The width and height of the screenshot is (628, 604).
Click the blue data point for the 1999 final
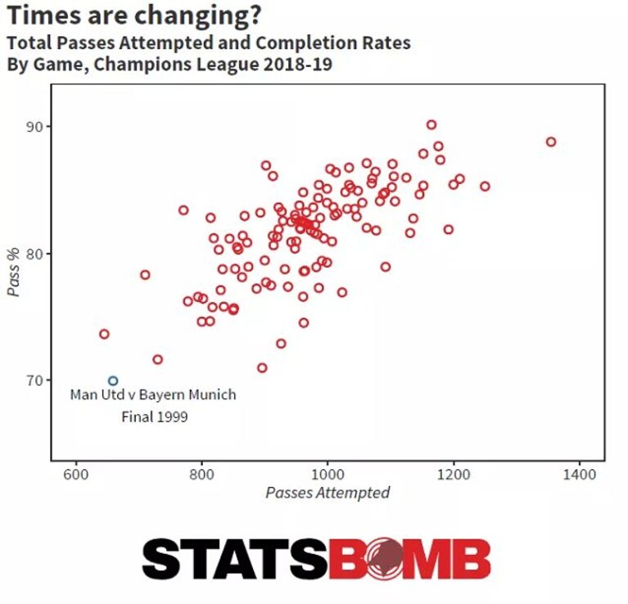(113, 377)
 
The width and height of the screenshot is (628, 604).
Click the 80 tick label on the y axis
(34, 254)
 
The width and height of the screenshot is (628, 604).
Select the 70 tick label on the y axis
(34, 381)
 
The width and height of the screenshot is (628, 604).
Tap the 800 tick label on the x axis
(201, 475)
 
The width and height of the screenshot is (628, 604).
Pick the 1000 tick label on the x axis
(328, 475)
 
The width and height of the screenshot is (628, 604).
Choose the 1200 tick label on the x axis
(454, 475)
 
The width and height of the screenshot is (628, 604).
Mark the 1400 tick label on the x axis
(579, 475)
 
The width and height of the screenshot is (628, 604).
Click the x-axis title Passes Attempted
(328, 493)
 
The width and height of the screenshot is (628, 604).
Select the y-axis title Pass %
(14, 272)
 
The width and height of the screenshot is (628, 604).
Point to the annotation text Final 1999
(155, 417)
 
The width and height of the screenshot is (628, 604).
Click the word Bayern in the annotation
(161, 395)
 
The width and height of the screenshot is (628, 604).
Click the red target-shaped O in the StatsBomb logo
(384, 559)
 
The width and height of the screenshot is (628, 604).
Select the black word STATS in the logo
(235, 559)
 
